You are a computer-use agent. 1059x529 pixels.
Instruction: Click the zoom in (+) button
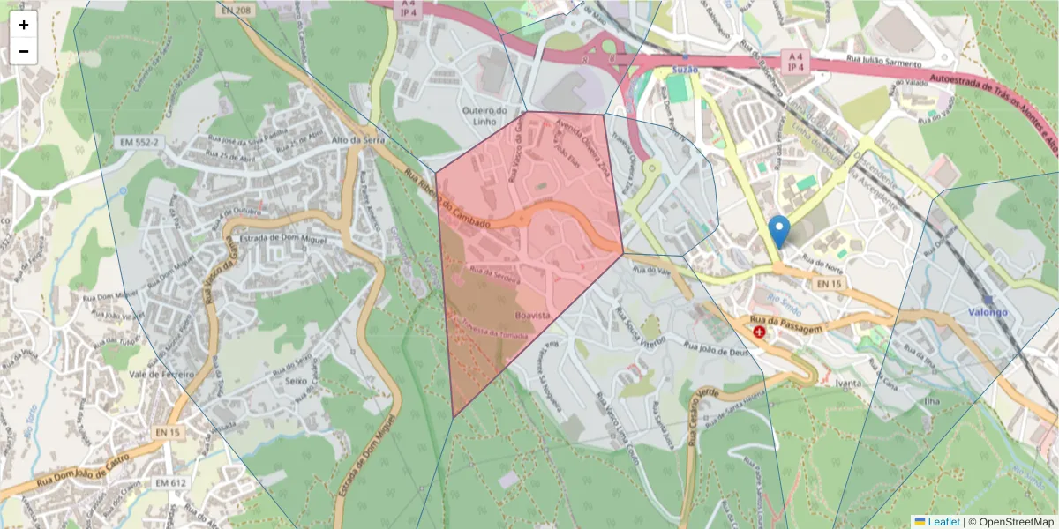[24, 25]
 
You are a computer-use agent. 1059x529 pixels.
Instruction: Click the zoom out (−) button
[24, 51]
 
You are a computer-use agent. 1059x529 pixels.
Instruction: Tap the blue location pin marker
[779, 231]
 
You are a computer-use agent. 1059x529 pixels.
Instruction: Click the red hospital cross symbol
[759, 332]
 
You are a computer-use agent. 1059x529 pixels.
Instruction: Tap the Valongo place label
[988, 311]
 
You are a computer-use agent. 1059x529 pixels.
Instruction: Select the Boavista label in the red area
[532, 315]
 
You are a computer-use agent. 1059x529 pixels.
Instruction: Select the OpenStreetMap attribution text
[1015, 522]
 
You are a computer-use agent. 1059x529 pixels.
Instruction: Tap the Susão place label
[684, 69]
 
